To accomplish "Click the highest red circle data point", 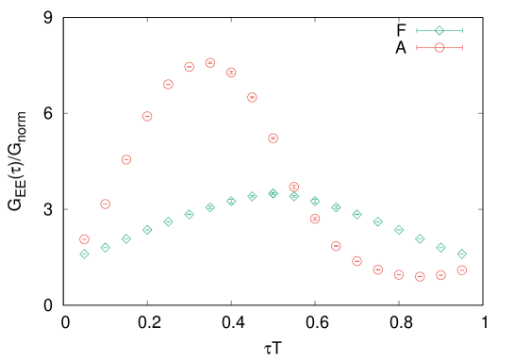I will tap(210, 63).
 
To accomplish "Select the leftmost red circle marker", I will tap(85, 239).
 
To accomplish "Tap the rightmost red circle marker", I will tap(462, 270).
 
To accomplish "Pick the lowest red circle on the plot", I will tap(420, 276).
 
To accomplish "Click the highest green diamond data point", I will tap(274, 193).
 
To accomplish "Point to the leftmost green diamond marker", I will tap(85, 254).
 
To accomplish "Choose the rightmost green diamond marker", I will tap(462, 254).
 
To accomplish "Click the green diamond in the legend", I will tap(439, 30).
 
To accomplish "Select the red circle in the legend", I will tap(439, 47).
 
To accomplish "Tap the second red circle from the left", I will tap(106, 204).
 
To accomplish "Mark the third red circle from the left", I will tap(126, 160).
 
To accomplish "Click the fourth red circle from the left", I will tap(147, 116).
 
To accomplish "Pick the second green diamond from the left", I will tap(106, 247).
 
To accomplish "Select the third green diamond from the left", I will tap(126, 238).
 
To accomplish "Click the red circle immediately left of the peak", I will tap(190, 67).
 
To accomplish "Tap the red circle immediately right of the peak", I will tap(231, 73).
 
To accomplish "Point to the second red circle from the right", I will tap(440, 275).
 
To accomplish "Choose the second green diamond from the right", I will tap(440, 247).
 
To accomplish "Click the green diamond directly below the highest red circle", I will tap(210, 207).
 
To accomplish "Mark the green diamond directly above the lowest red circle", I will tap(420, 238).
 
